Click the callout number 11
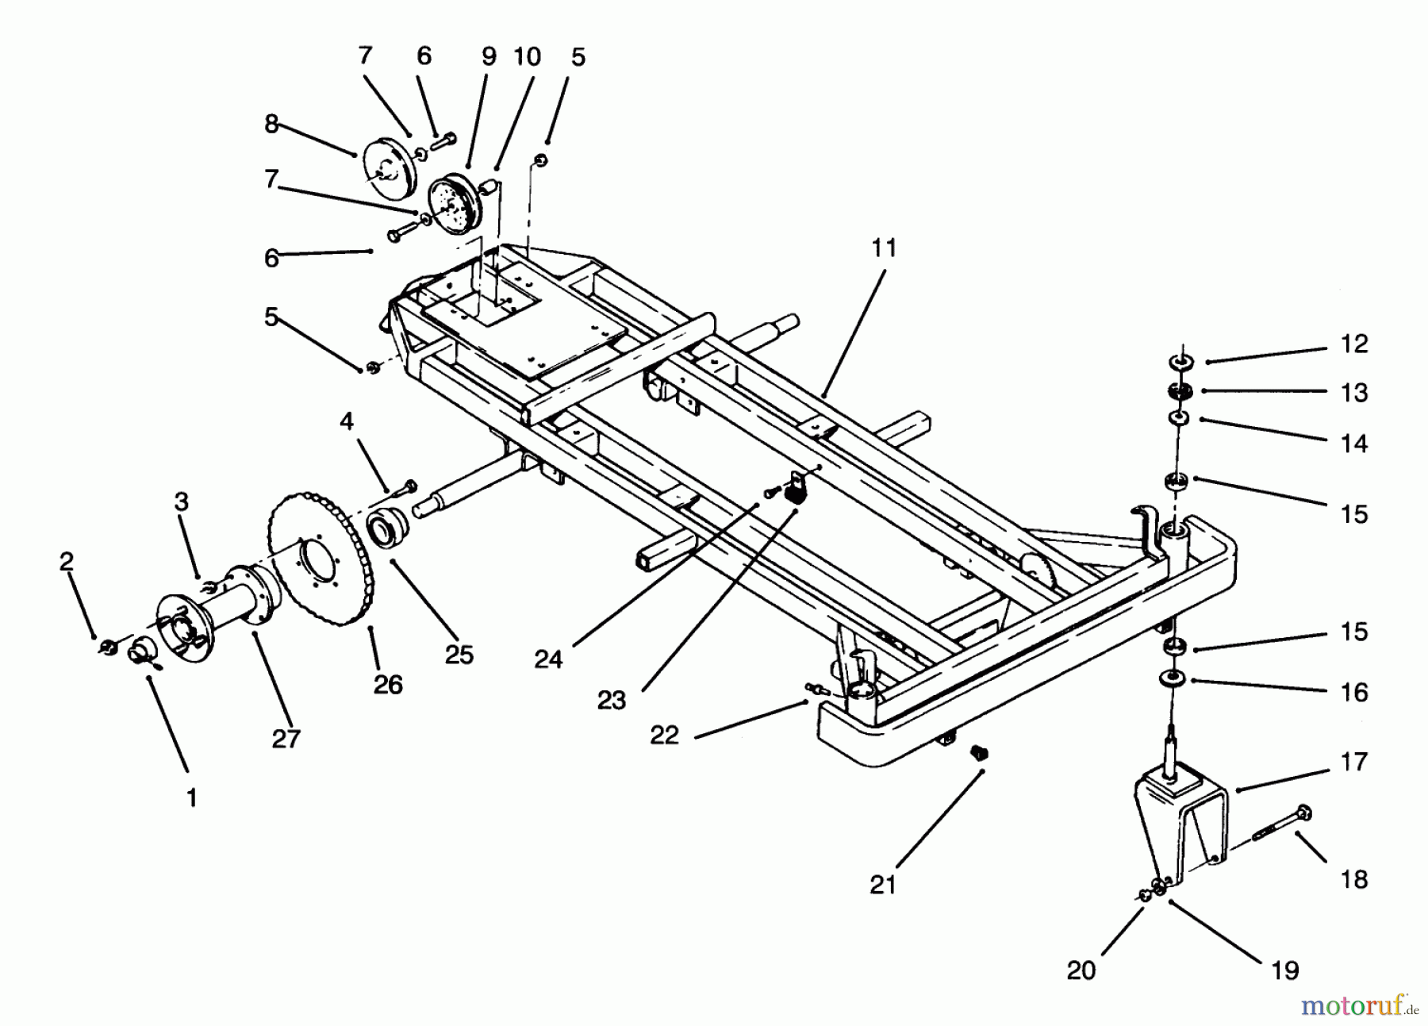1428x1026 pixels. [x=883, y=248]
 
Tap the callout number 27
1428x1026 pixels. [x=286, y=738]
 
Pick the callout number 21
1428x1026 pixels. [x=882, y=884]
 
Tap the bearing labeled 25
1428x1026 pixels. [x=389, y=527]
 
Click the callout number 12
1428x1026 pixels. [x=1354, y=344]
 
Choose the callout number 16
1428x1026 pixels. [x=1354, y=692]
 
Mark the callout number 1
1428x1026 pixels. [x=191, y=797]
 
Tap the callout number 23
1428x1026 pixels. [x=612, y=700]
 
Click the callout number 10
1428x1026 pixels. [x=527, y=56]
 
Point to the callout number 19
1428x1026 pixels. [x=1284, y=970]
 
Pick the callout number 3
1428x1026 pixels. [x=182, y=501]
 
